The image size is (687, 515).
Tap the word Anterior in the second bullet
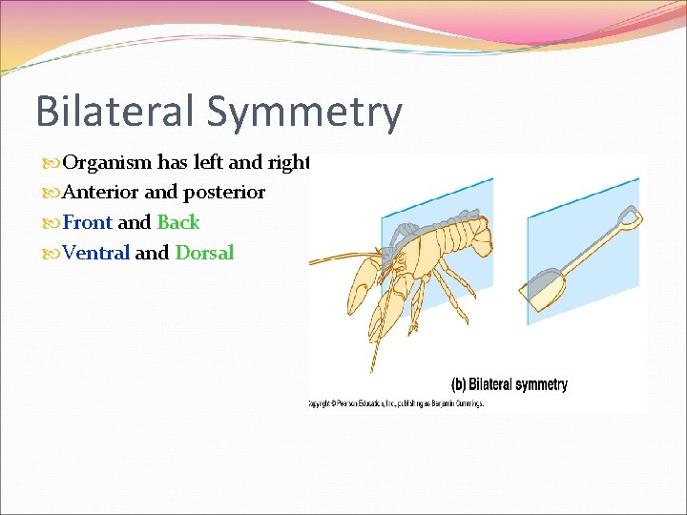click(x=101, y=192)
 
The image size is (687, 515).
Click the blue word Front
click(x=88, y=222)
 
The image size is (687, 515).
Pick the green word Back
click(x=178, y=222)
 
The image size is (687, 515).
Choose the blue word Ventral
click(x=96, y=253)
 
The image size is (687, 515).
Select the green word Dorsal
click(x=204, y=253)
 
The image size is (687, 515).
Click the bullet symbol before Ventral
click(x=53, y=254)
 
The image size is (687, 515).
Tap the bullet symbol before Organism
click(x=53, y=163)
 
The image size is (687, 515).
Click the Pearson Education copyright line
click(x=396, y=404)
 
